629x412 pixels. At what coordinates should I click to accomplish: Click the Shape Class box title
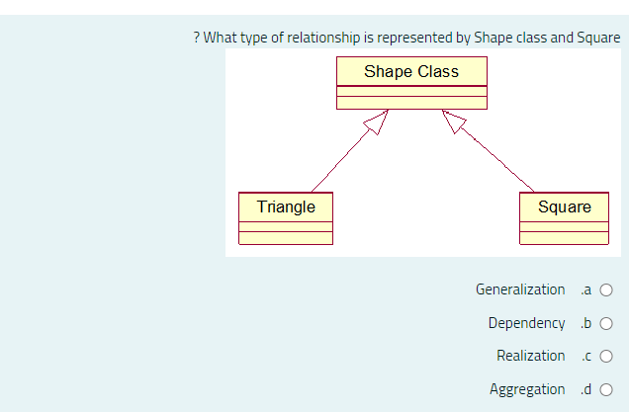pyautogui.click(x=411, y=71)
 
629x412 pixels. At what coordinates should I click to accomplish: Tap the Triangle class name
pyautogui.click(x=286, y=206)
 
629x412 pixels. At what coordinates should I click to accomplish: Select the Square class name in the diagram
pyautogui.click(x=565, y=206)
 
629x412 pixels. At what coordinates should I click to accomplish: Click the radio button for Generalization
pyautogui.click(x=606, y=290)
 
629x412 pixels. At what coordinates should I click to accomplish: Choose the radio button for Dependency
pyautogui.click(x=606, y=323)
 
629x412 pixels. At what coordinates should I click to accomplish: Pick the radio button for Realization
pyautogui.click(x=606, y=357)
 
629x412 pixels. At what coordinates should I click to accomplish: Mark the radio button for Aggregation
pyautogui.click(x=606, y=389)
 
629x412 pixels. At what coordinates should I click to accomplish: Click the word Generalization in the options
pyautogui.click(x=520, y=289)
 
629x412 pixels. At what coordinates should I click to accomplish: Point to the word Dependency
pyautogui.click(x=526, y=323)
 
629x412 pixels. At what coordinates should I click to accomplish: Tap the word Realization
pyautogui.click(x=530, y=356)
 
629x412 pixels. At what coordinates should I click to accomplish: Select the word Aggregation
pyautogui.click(x=527, y=389)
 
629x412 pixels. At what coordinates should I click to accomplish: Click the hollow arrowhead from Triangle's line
pyautogui.click(x=375, y=121)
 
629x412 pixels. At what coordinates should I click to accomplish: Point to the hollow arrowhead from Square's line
pyautogui.click(x=453, y=121)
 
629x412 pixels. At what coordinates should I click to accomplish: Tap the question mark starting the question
pyautogui.click(x=197, y=38)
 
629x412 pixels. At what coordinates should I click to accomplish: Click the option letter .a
pyautogui.click(x=585, y=290)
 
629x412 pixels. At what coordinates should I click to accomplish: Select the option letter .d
pyautogui.click(x=585, y=389)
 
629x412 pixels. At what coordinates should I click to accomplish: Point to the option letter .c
pyautogui.click(x=585, y=357)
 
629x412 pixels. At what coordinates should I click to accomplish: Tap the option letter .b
pyautogui.click(x=585, y=323)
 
